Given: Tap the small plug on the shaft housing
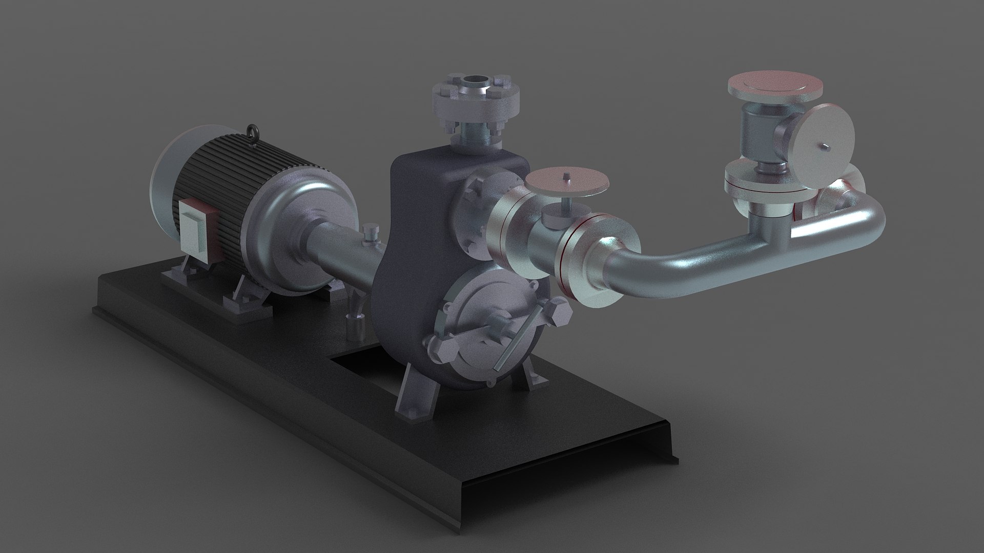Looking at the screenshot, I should (369, 233).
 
